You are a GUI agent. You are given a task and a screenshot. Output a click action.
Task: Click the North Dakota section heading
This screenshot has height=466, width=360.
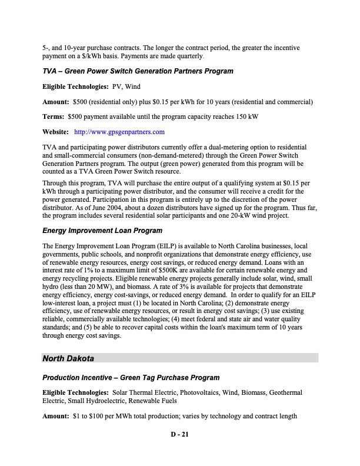68,358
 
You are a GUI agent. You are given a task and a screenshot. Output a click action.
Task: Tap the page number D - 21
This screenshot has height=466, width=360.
179,436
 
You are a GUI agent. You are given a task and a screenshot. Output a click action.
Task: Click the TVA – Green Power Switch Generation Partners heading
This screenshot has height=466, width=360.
138,71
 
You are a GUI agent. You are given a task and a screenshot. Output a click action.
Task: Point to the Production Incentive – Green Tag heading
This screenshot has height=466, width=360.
131,377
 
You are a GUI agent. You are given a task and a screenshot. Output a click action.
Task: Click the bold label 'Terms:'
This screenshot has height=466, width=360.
54,116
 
